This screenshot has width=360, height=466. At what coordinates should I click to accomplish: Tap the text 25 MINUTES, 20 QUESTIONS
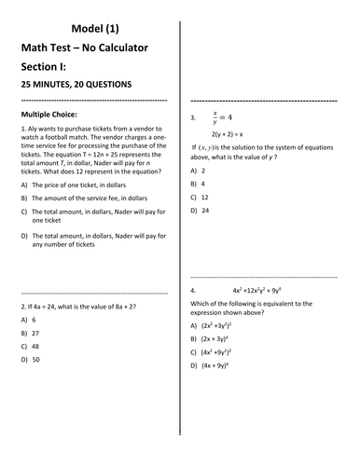[x=76, y=85]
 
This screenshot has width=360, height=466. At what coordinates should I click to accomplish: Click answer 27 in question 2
[x=35, y=333]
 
